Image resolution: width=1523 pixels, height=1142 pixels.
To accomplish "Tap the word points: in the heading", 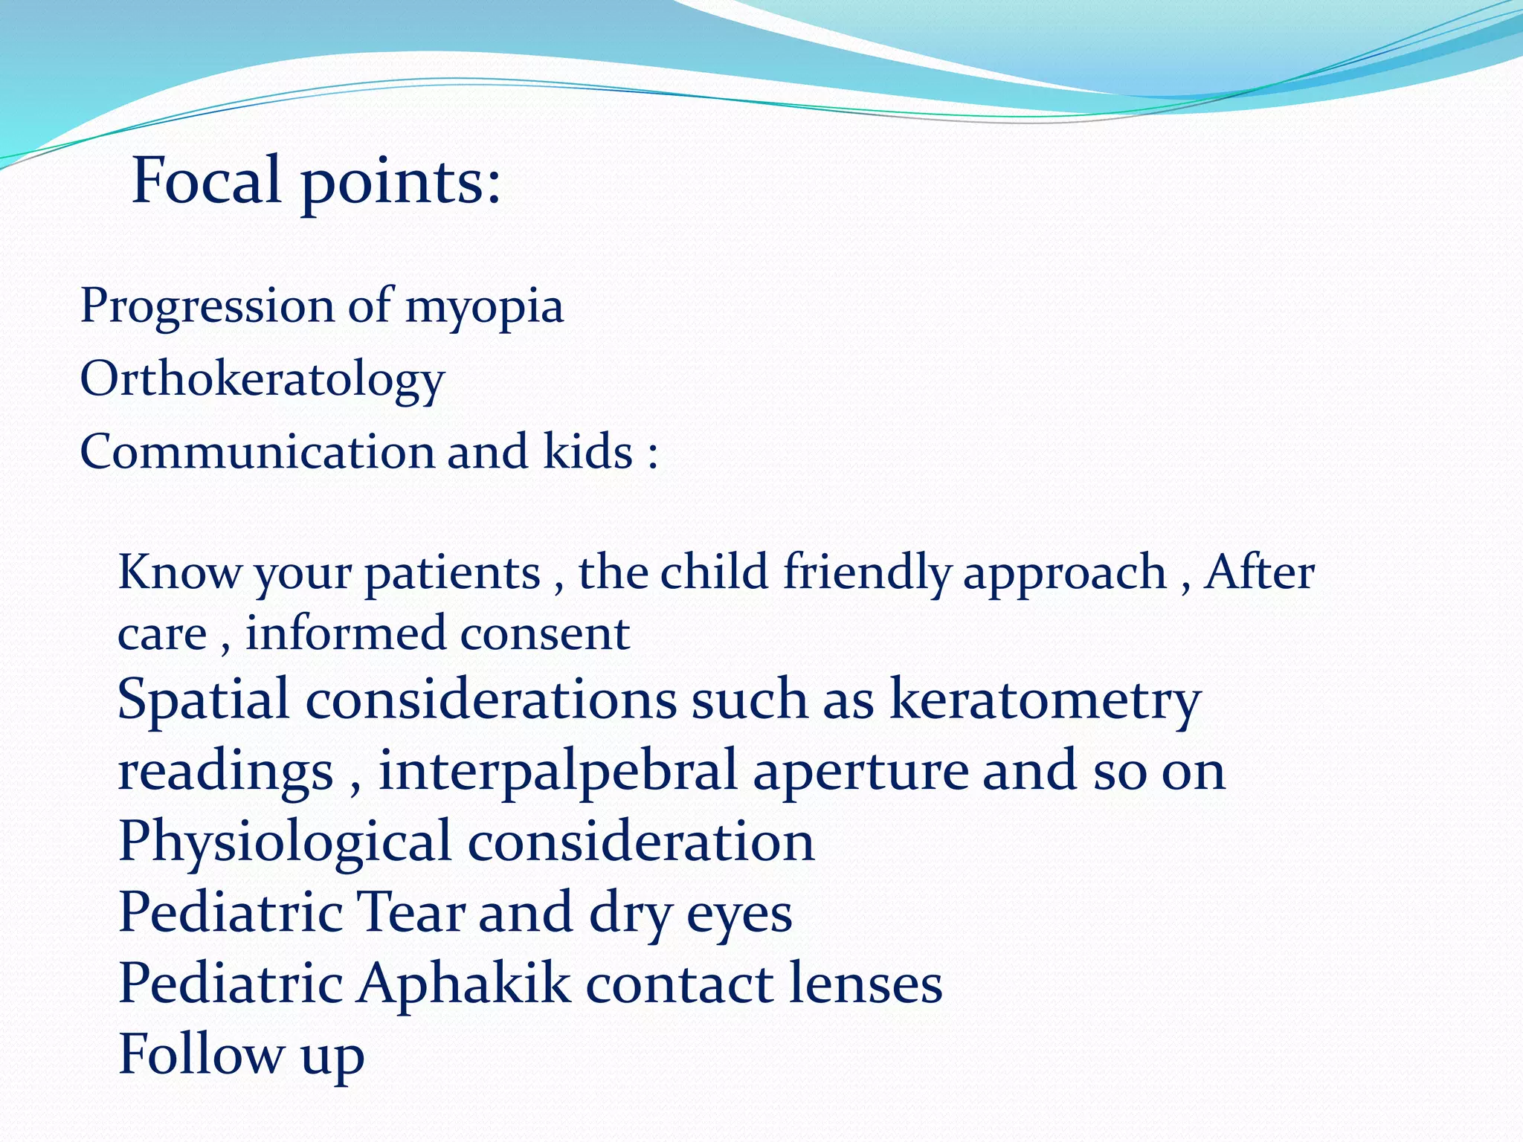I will click(401, 184).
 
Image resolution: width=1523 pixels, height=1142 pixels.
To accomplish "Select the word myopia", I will click(484, 307).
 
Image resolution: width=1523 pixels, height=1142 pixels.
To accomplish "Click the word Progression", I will click(207, 307).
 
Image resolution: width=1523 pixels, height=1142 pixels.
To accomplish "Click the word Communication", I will click(257, 452).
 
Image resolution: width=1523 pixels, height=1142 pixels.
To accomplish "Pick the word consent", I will click(544, 633).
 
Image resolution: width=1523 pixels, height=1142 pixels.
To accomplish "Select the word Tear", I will click(412, 912).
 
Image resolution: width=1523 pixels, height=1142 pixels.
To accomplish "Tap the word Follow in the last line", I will click(201, 1054).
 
